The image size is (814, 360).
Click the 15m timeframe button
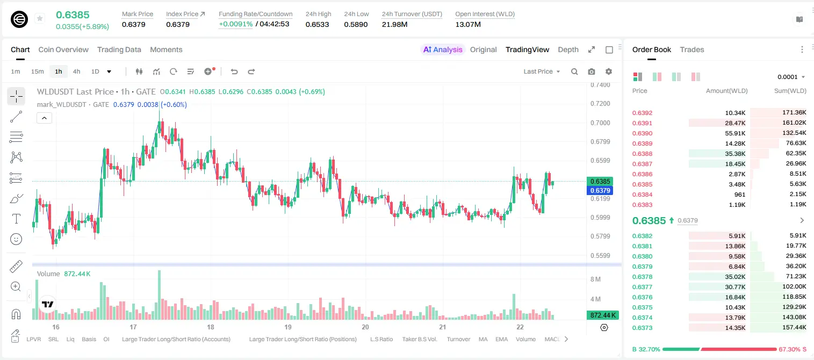(38, 71)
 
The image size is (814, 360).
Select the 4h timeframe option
(76, 71)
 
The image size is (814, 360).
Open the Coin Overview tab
(63, 49)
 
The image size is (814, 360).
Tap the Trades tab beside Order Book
(692, 49)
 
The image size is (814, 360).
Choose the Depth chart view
(568, 49)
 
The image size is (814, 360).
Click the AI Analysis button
(443, 49)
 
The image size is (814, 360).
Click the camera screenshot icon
(592, 71)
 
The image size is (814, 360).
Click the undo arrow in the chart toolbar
(234, 71)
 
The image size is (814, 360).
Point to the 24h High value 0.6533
(317, 24)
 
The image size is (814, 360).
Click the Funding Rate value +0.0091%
(235, 24)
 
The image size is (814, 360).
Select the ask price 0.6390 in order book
(642, 133)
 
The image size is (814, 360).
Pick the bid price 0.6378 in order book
(642, 277)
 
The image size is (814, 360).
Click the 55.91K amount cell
(735, 133)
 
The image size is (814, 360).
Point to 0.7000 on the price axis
(600, 123)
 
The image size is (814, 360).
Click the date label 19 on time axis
(288, 327)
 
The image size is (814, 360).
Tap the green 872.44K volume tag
(602, 315)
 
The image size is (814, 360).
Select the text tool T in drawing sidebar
(16, 219)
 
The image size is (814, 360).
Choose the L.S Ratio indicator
(381, 339)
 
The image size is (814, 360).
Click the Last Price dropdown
(542, 71)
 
